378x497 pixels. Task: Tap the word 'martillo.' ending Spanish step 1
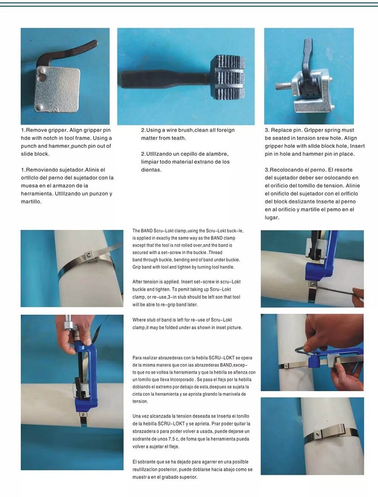coord(31,202)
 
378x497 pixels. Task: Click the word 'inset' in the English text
coord(216,327)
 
